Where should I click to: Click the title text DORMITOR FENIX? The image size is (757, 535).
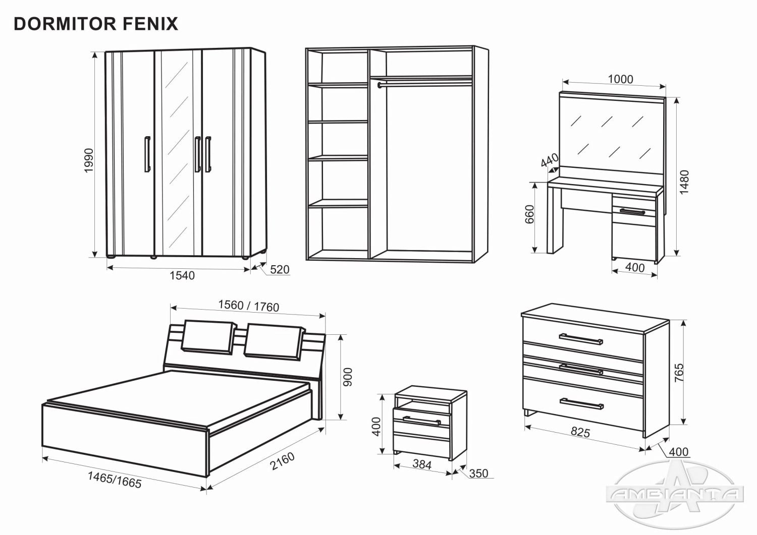(x=96, y=24)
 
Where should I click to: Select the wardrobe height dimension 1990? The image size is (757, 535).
(x=89, y=160)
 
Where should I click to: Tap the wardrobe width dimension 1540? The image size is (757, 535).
(x=182, y=275)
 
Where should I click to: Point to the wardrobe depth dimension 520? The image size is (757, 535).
(x=280, y=269)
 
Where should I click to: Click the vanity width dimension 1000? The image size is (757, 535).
(x=620, y=79)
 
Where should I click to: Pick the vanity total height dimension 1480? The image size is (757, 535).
(x=684, y=183)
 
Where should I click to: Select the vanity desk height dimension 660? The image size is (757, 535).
(x=529, y=215)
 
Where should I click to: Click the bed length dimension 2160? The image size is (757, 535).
(x=282, y=461)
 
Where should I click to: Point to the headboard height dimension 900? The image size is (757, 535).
(x=348, y=377)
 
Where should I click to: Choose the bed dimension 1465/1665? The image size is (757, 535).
(x=115, y=480)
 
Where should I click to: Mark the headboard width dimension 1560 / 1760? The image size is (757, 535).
(x=248, y=306)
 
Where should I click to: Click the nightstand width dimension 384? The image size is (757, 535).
(x=422, y=464)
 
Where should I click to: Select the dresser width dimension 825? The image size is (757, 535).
(x=580, y=432)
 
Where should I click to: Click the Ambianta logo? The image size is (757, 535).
(x=676, y=494)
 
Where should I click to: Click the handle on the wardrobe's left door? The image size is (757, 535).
(x=147, y=154)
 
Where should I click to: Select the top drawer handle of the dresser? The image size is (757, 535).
(x=581, y=338)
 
